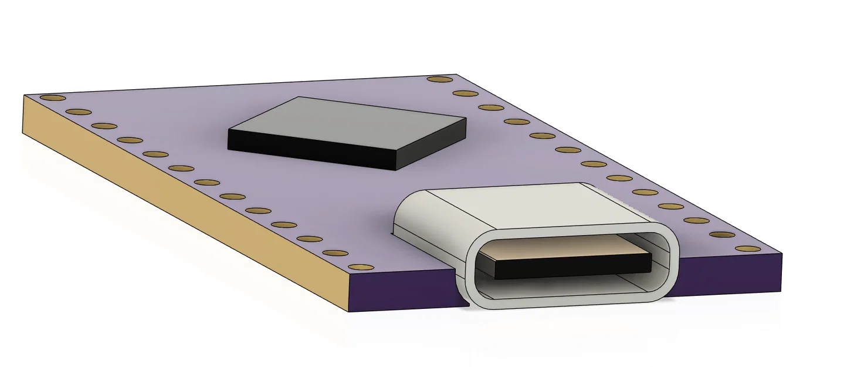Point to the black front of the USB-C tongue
point(572,267)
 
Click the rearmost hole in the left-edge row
point(53,97)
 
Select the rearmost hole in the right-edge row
point(440,79)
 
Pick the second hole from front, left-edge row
point(335,253)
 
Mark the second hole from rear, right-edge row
point(466,93)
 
